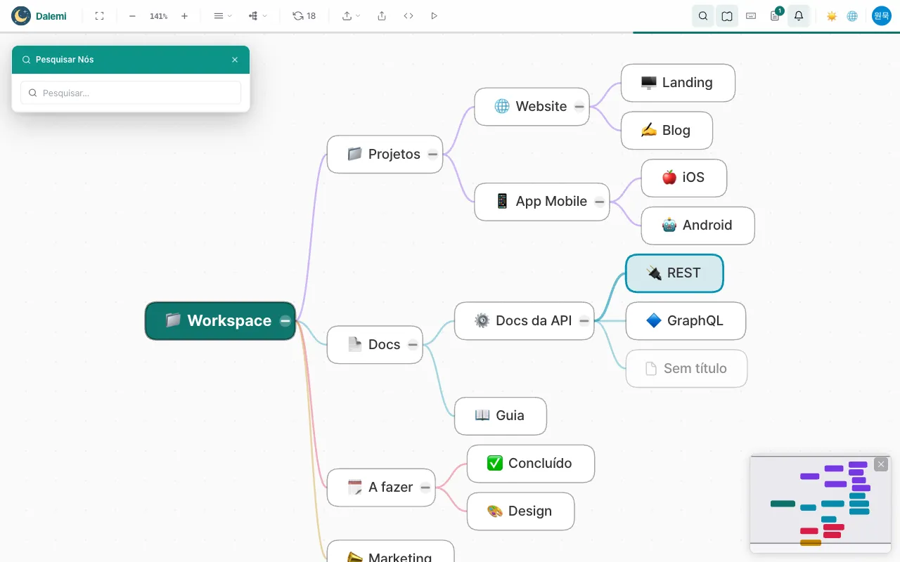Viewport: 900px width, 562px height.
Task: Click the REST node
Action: (674, 273)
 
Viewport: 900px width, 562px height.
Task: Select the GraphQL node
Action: (686, 321)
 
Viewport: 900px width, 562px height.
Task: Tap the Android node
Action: (697, 226)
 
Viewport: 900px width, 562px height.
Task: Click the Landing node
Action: (678, 83)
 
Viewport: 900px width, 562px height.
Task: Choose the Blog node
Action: (667, 131)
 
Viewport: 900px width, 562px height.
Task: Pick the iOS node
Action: (683, 178)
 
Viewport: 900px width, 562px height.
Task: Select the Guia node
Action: (500, 416)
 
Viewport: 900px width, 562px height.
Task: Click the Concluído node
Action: (530, 464)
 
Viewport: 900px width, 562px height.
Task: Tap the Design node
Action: (520, 511)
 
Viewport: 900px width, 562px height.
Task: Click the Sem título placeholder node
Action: (686, 369)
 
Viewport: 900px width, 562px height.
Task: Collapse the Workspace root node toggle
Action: (285, 321)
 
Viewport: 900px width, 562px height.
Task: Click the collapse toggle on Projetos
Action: (432, 154)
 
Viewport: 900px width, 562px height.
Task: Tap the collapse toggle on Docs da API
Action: (584, 321)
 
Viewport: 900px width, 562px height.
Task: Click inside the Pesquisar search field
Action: (131, 93)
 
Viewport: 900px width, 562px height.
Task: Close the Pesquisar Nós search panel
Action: (235, 60)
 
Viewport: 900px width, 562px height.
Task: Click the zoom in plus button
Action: (184, 16)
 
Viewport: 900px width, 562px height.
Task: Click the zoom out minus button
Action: (132, 16)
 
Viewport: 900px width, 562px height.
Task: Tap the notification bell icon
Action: (798, 16)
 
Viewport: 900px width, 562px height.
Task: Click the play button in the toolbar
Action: (434, 16)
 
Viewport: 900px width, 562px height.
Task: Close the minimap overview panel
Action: (881, 464)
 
